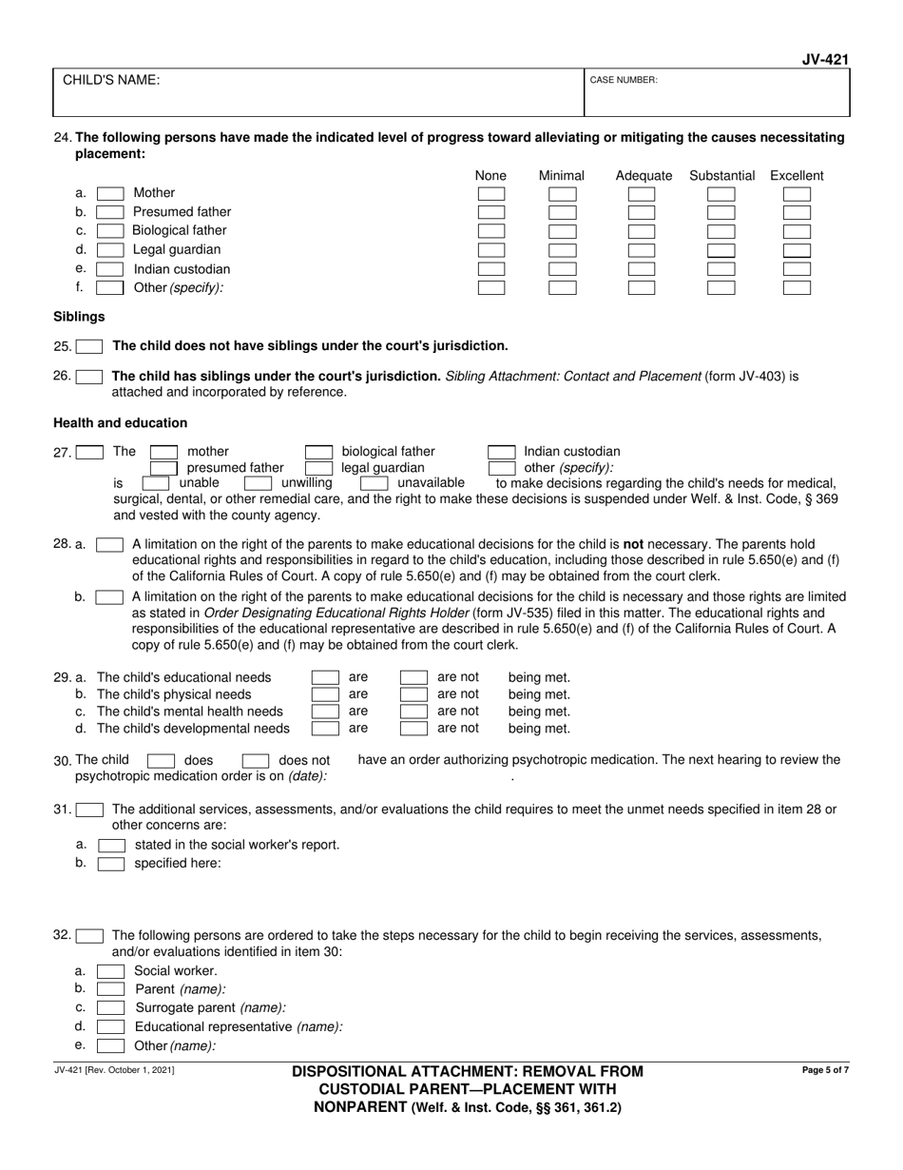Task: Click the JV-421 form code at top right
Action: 825,60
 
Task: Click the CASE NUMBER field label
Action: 624,81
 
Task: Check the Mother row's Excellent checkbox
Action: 797,194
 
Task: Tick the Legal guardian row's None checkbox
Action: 491,250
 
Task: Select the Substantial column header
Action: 721,176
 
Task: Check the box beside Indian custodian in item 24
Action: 110,269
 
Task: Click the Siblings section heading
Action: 79,316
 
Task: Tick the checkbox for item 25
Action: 89,346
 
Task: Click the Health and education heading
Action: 120,422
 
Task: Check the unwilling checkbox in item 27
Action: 259,483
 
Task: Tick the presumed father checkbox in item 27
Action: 164,468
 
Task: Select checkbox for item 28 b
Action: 110,597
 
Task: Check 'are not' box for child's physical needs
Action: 413,694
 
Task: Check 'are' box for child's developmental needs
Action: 326,729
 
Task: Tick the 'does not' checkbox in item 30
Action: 256,761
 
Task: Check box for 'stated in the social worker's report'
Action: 112,845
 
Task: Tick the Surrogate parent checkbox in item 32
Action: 110,1007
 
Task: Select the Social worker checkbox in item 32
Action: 110,971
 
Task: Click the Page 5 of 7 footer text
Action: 825,1071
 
